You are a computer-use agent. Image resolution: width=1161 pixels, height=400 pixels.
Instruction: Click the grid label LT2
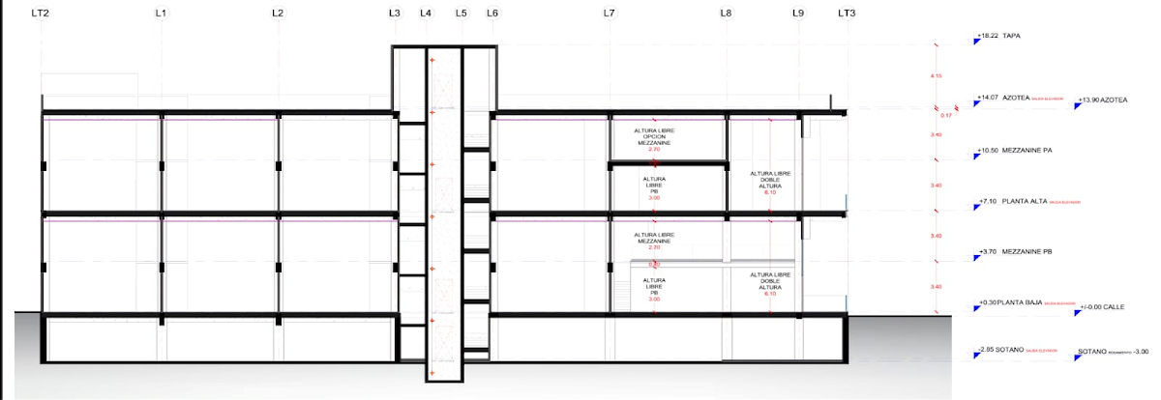(x=41, y=14)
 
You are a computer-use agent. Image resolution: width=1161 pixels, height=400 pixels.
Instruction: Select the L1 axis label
(x=162, y=14)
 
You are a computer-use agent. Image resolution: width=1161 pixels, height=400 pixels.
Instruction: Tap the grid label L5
(x=461, y=14)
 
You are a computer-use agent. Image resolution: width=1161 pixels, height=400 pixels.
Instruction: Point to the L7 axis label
(x=609, y=14)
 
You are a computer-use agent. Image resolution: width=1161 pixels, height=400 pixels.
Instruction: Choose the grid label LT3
(x=847, y=14)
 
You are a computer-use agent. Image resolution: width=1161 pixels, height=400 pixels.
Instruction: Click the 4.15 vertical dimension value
(x=936, y=75)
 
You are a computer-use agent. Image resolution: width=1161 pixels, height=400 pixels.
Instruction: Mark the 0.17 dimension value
(x=946, y=116)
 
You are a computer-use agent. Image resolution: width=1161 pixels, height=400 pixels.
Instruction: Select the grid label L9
(x=798, y=14)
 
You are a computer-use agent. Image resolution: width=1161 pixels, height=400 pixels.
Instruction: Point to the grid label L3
(x=394, y=14)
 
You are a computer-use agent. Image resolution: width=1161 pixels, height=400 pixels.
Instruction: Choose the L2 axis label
(x=278, y=14)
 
